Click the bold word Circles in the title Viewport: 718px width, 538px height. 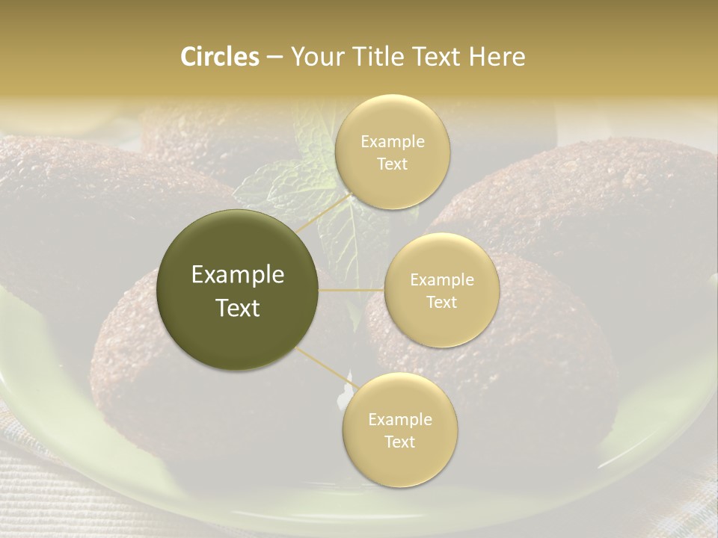click(x=219, y=57)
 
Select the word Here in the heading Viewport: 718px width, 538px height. click(x=497, y=57)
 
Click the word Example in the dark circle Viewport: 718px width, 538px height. click(x=238, y=275)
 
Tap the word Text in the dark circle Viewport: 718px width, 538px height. click(x=238, y=308)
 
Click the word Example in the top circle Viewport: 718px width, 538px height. click(x=392, y=142)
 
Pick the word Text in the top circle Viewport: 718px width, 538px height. click(x=392, y=164)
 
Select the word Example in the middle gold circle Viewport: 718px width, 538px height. click(x=442, y=280)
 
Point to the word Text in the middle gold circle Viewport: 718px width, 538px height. click(x=442, y=303)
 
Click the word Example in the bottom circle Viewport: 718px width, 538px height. click(x=399, y=419)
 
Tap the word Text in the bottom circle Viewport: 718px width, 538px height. click(x=399, y=442)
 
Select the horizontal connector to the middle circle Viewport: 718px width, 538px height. click(x=352, y=289)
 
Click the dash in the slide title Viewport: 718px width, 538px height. click(x=274, y=58)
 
